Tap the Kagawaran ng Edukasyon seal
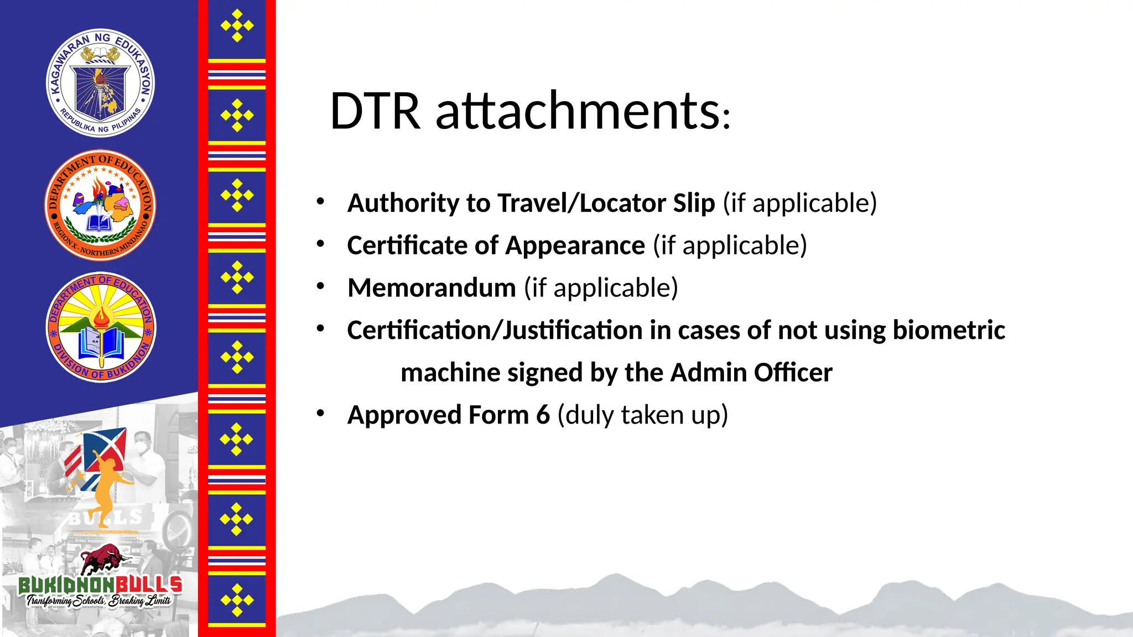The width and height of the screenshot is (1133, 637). [100, 83]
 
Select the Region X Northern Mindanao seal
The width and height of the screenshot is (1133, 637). [100, 205]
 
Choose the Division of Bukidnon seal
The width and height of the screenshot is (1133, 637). [101, 327]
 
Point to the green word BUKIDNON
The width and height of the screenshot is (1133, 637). [66, 584]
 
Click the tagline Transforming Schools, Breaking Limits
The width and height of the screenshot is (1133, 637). [98, 601]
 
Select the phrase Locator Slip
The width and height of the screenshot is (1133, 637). [647, 203]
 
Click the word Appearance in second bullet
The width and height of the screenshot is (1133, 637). [575, 246]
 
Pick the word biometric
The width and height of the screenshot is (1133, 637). [949, 330]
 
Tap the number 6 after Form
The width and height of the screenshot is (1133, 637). [543, 415]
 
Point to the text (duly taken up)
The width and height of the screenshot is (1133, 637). [642, 415]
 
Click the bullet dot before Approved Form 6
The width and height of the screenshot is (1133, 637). [320, 413]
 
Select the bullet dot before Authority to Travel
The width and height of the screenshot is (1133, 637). [320, 201]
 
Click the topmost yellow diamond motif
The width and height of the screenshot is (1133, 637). [237, 25]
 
